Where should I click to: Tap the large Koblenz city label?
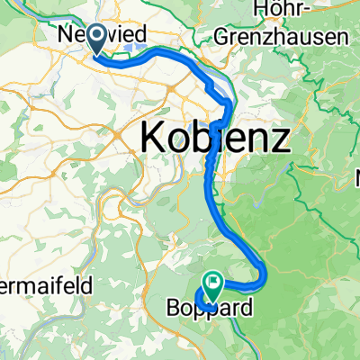pyautogui.click(x=215, y=139)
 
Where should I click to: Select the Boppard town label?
pyautogui.click(x=207, y=309)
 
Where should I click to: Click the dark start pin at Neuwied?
pyautogui.click(x=94, y=45)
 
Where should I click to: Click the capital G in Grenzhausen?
pyautogui.click(x=221, y=38)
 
